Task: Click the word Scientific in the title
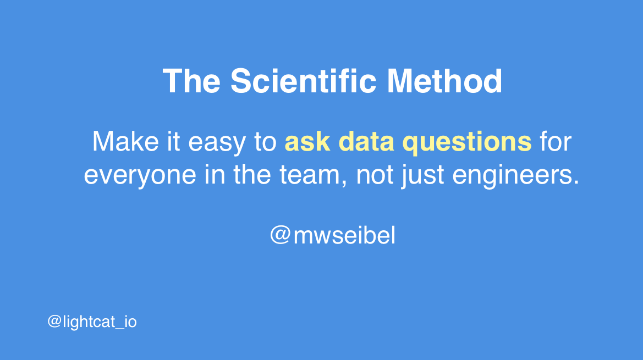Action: tap(303, 81)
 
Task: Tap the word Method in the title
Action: tap(444, 81)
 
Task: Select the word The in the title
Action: tap(191, 81)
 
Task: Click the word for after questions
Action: tap(555, 142)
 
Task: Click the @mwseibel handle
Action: tap(332, 236)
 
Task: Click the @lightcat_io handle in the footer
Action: tap(92, 322)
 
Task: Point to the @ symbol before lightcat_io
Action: tap(53, 322)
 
